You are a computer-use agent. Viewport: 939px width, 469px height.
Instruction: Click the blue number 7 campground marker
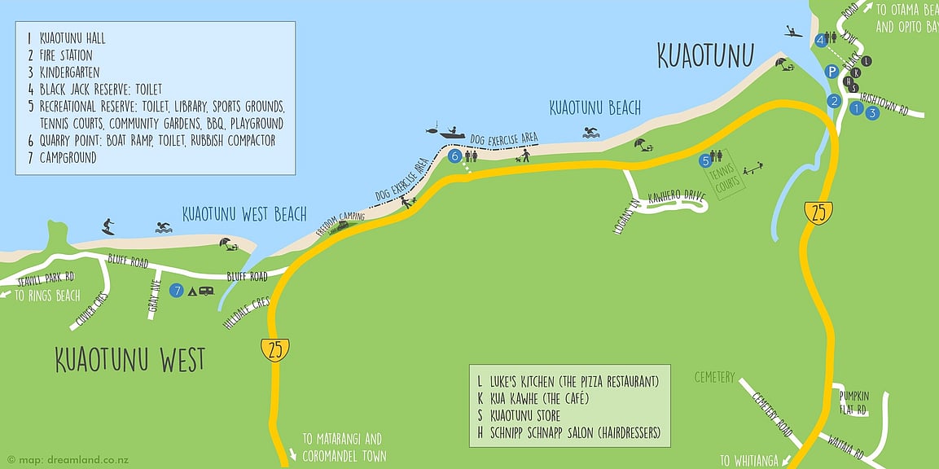point(177,290)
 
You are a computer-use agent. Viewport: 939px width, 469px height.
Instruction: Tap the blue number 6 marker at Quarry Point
point(454,156)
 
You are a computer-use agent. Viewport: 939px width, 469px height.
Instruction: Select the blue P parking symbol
point(831,72)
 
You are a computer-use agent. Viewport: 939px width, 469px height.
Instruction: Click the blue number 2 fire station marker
point(833,102)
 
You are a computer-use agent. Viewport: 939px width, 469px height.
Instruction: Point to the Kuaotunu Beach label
point(595,107)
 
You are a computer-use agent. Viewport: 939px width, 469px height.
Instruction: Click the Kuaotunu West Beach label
point(244,214)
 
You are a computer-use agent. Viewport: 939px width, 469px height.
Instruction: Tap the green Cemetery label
point(714,378)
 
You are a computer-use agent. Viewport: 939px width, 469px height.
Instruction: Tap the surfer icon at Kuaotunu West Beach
point(109,226)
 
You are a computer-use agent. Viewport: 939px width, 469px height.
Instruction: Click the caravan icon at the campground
point(206,290)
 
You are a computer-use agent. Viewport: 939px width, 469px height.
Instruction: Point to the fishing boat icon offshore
point(450,131)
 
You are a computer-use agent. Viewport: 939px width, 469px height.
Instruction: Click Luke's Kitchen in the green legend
point(570,381)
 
